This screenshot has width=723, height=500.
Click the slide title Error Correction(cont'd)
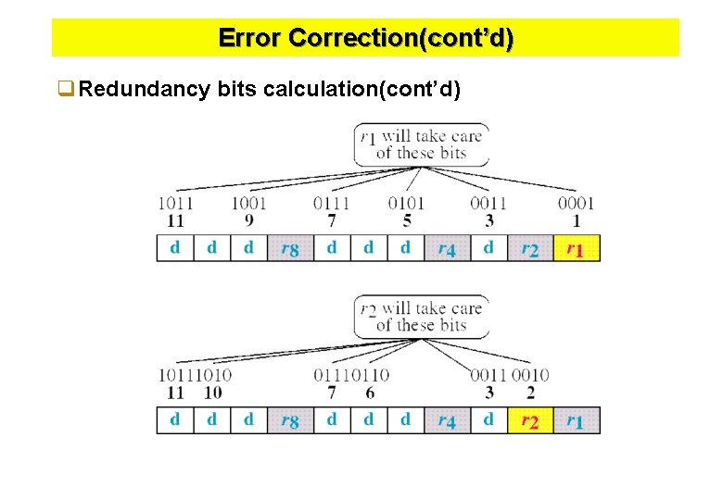(365, 39)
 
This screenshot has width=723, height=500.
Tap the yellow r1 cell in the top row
(577, 249)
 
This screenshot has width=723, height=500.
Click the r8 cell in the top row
(289, 249)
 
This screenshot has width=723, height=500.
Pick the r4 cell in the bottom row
(447, 421)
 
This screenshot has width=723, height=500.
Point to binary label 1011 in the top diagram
(175, 203)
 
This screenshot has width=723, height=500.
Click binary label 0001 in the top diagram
(576, 203)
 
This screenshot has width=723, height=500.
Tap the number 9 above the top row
(249, 220)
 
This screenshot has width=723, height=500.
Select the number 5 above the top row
(407, 220)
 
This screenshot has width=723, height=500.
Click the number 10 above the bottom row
(212, 393)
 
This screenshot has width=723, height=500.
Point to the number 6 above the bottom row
(370, 393)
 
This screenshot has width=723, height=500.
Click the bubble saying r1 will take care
(423, 144)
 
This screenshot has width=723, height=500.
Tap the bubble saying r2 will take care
(423, 316)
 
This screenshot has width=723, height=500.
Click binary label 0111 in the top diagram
(331, 203)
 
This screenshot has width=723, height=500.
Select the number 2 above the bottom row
(530, 393)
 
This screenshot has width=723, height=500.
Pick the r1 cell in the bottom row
(577, 421)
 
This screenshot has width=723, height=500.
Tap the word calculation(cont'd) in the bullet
(361, 90)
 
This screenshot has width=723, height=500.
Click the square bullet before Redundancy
(65, 90)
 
